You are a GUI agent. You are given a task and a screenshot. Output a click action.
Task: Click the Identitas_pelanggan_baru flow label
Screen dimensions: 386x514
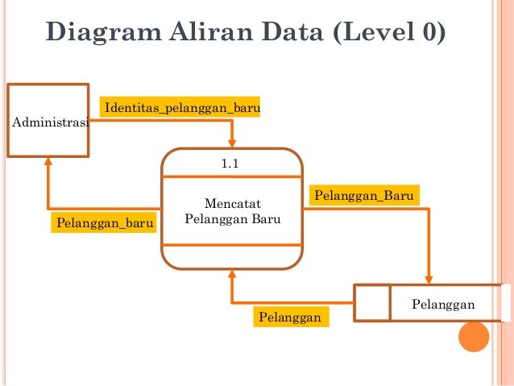[180, 108]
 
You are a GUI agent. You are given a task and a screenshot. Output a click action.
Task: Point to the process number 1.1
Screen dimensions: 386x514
[231, 164]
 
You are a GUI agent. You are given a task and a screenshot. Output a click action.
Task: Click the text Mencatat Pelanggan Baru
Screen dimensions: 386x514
[232, 210]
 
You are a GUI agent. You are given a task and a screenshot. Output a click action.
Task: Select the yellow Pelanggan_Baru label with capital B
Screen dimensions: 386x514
[364, 196]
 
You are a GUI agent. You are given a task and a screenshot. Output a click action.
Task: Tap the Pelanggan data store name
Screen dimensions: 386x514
[443, 304]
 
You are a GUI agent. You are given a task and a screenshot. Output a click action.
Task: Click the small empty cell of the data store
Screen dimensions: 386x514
[372, 303]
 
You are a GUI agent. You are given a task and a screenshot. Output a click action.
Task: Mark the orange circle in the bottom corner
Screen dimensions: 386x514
[473, 337]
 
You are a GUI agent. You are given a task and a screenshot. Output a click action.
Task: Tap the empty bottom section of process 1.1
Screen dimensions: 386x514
[232, 255]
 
